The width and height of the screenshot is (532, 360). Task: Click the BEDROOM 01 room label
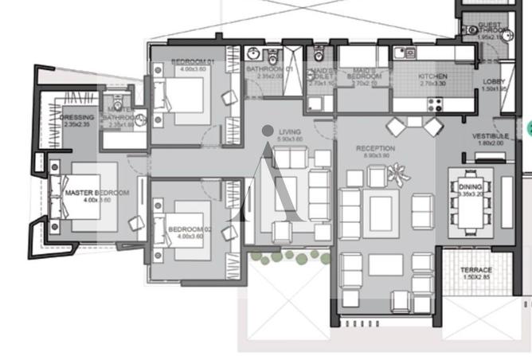click(x=189, y=61)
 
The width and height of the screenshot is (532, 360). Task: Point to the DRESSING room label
click(x=76, y=117)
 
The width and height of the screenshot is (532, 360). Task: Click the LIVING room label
click(x=286, y=131)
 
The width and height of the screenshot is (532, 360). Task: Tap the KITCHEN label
click(x=432, y=76)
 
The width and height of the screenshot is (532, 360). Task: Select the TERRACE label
click(x=476, y=270)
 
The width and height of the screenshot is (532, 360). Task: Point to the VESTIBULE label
click(x=490, y=135)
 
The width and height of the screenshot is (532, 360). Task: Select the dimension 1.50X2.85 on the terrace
click(x=476, y=278)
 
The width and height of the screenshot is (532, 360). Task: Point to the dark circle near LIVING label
click(x=268, y=130)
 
